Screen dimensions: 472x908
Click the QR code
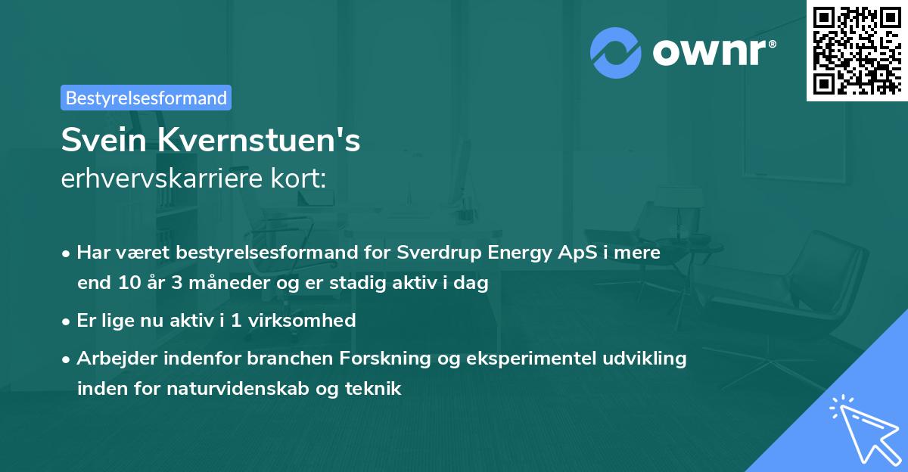857,50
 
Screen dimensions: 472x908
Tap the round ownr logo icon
615,52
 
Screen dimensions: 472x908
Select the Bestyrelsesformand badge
146,98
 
